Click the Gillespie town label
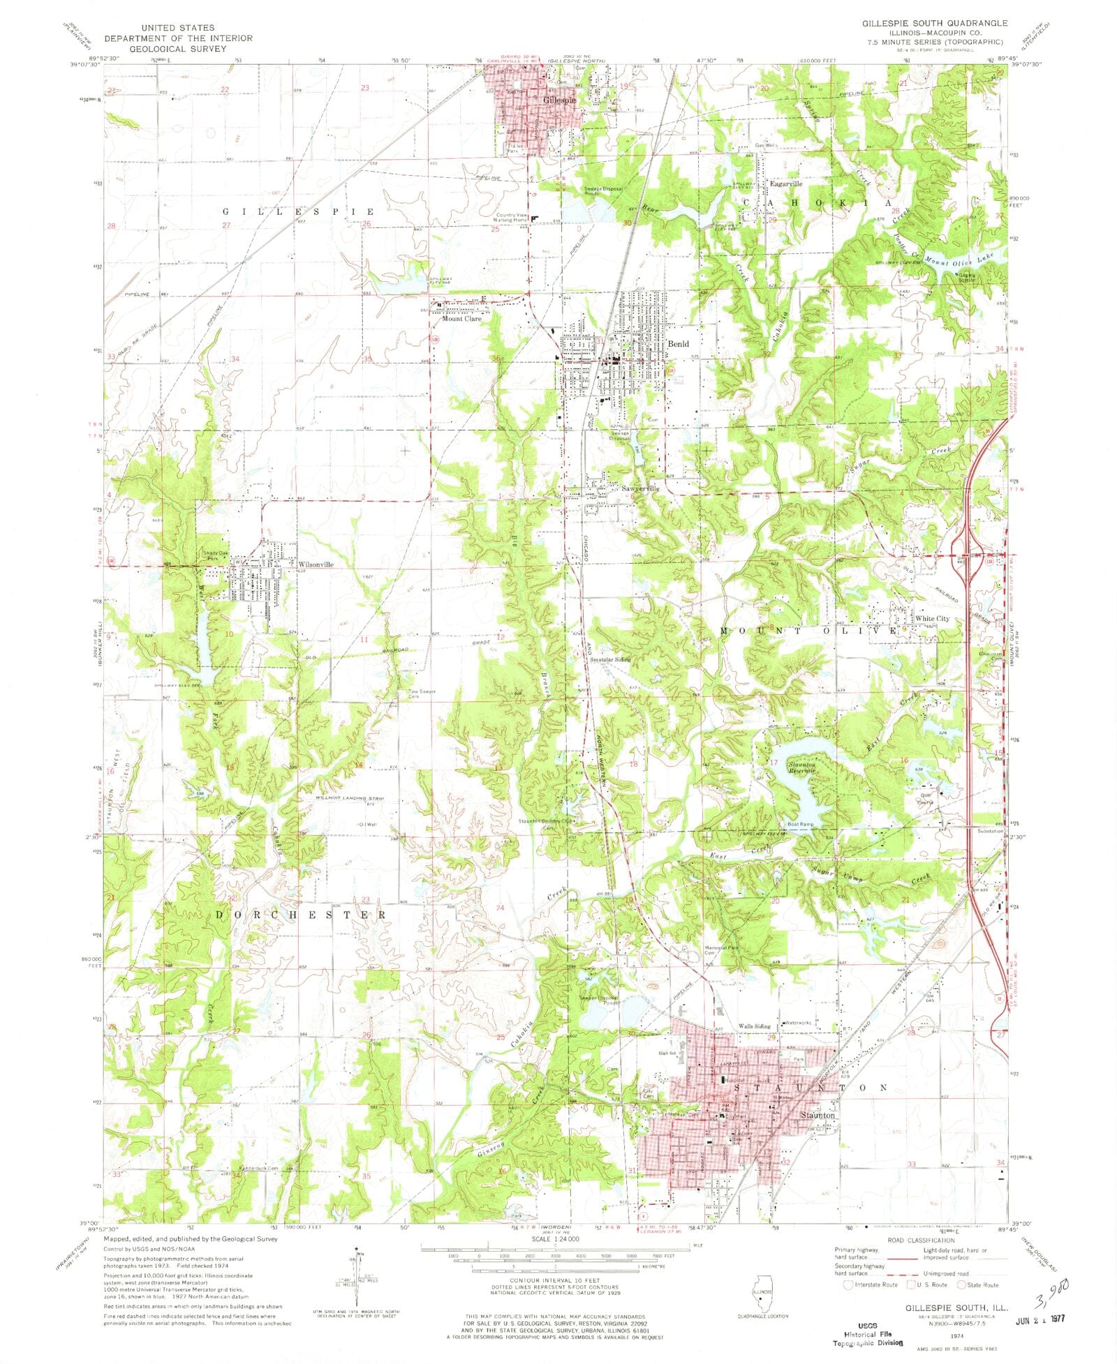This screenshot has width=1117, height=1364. tap(560, 100)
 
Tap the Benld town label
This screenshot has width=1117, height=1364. tap(678, 343)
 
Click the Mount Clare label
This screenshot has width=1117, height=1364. tap(461, 319)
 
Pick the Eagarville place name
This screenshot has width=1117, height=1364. tap(785, 184)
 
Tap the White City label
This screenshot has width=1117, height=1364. tap(933, 619)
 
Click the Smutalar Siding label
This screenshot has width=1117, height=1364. tap(609, 659)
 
